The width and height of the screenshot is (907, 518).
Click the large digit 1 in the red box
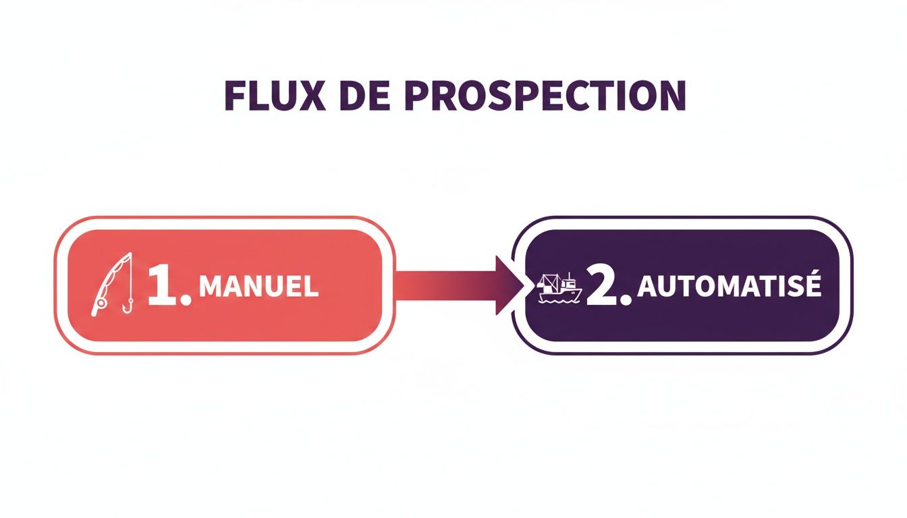(161, 286)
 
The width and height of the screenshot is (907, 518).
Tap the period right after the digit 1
(186, 300)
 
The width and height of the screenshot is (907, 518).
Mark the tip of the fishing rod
(128, 256)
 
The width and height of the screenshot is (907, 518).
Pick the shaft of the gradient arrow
(445, 285)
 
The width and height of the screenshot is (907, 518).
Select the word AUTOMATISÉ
(730, 286)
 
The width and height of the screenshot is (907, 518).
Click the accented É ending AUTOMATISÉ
(813, 285)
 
